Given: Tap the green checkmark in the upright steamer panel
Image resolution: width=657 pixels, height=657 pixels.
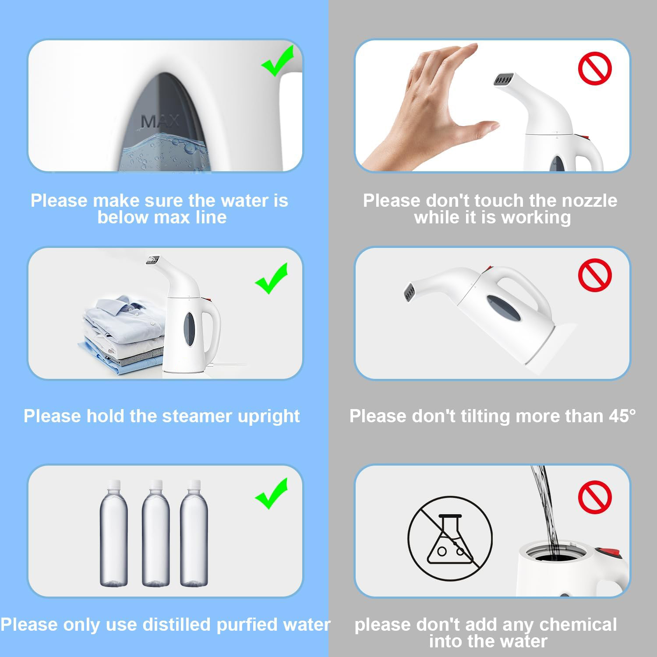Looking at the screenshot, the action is pos(272,279).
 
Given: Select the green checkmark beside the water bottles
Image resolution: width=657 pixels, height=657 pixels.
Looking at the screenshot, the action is pos(272,494).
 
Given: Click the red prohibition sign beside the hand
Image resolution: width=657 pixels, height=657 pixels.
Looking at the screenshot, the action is pos(595,68).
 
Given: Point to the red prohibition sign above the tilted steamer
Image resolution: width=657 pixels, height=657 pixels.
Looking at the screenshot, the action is pos(595,275).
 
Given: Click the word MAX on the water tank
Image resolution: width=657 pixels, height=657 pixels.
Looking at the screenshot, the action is pos(160,121).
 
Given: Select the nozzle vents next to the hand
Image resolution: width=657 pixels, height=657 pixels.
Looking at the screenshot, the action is pos(505,81).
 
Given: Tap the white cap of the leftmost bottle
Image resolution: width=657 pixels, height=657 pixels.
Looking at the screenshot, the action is pos(114,484).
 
